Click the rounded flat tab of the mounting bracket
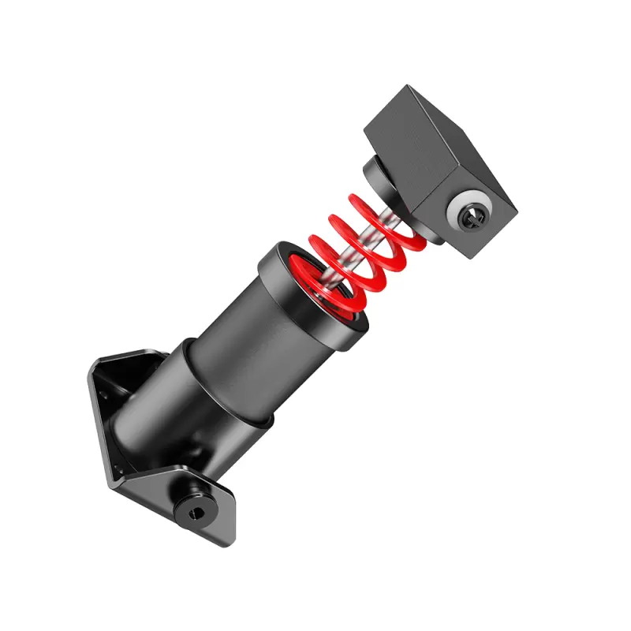coord(213,517)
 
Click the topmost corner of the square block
coord(409,87)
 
